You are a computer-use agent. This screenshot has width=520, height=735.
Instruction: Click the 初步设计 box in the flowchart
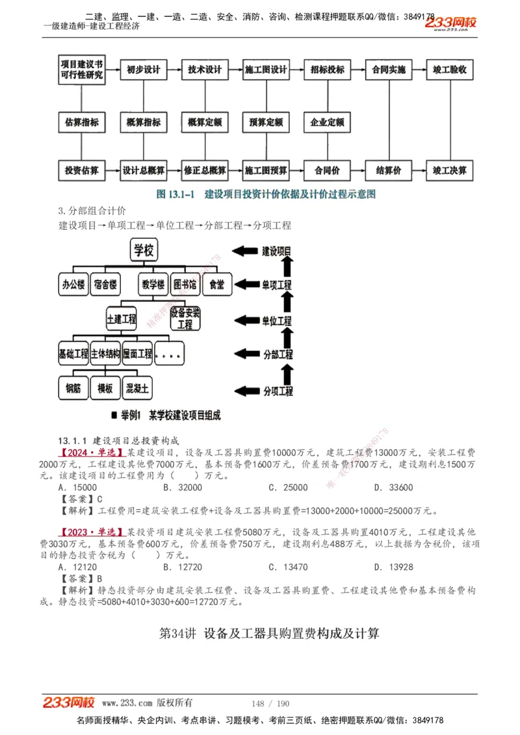(143, 69)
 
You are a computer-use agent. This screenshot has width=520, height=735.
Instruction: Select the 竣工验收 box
(449, 69)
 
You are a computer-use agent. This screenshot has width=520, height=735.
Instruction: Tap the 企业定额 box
(327, 121)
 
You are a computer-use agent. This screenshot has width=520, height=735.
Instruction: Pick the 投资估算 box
(82, 171)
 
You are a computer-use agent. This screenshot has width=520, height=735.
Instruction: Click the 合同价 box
(327, 171)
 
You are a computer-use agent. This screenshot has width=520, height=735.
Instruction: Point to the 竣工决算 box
(449, 171)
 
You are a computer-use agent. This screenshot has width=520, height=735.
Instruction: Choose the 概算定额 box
(205, 121)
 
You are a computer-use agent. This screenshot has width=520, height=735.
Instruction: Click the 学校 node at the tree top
(144, 249)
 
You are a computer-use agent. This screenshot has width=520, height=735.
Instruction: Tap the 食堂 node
(217, 284)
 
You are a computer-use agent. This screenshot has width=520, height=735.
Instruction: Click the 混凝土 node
(137, 388)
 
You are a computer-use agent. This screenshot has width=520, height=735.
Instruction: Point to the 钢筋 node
(73, 388)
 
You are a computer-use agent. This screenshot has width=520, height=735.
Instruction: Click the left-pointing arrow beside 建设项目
(245, 251)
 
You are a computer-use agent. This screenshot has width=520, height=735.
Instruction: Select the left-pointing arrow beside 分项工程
(245, 390)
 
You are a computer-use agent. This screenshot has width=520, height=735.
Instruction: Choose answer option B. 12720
(183, 567)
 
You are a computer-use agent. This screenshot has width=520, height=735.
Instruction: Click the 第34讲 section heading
(269, 633)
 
